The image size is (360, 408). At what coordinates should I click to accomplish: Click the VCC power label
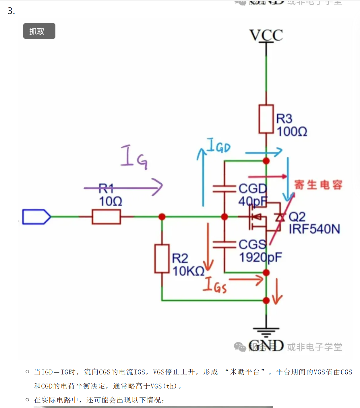(266, 35)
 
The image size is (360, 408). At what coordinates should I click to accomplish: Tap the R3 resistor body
(266, 119)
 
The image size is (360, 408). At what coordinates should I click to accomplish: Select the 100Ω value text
(292, 132)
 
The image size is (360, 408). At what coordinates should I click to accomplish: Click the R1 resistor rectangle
(106, 217)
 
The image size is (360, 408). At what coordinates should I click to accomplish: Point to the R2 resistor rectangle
(162, 259)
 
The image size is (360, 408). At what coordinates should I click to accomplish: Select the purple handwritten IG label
(134, 157)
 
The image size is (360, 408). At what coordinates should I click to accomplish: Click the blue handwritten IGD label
(218, 146)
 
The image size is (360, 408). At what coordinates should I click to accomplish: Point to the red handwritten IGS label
(215, 285)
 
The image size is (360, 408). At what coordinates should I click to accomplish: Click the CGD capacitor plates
(224, 189)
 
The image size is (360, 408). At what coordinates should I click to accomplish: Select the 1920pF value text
(260, 257)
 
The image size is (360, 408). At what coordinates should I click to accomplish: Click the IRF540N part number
(314, 229)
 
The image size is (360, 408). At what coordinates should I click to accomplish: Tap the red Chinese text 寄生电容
(318, 185)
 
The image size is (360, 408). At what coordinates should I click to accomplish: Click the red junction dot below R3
(266, 161)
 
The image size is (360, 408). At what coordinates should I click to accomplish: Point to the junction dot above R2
(162, 217)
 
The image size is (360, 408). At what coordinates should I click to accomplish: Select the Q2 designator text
(297, 217)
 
